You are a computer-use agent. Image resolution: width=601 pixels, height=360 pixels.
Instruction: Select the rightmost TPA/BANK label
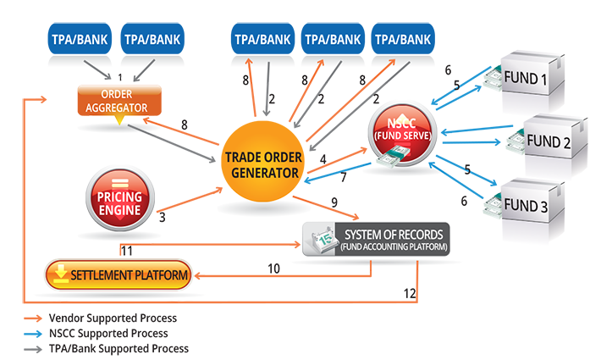pyautogui.click(x=402, y=39)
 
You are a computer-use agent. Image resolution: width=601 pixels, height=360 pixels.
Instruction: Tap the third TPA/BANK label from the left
pyautogui.click(x=262, y=39)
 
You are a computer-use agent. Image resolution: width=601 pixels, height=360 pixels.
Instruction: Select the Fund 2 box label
pyautogui.click(x=549, y=141)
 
